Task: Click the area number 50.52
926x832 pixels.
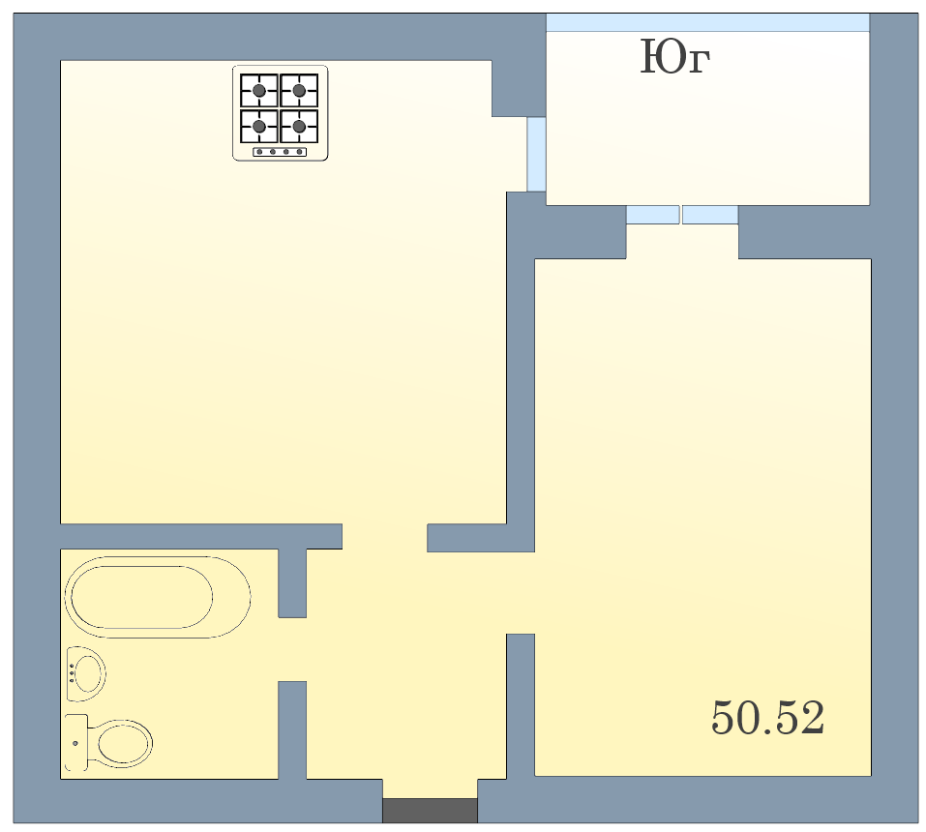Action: click(767, 718)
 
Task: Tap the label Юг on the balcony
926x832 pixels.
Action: click(675, 57)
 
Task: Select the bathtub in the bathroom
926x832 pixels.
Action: click(158, 597)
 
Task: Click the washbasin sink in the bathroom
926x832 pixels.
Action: click(86, 673)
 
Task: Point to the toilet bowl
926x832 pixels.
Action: click(121, 743)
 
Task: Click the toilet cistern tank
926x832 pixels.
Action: click(76, 743)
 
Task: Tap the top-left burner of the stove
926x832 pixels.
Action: click(258, 90)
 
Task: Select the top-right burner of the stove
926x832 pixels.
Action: click(299, 90)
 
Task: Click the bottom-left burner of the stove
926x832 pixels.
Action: click(258, 127)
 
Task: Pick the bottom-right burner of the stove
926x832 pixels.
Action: click(299, 127)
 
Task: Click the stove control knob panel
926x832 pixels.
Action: click(280, 152)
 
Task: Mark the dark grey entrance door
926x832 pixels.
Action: click(430, 810)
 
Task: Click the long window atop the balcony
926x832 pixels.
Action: click(707, 22)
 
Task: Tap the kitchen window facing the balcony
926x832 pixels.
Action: click(536, 154)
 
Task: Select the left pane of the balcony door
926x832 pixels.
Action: click(652, 215)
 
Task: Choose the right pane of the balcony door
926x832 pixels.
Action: click(710, 215)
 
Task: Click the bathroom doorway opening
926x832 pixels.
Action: click(292, 649)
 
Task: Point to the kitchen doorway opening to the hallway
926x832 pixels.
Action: click(384, 537)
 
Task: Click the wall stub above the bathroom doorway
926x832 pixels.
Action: click(292, 583)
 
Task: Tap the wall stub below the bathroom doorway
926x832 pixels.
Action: click(292, 730)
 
